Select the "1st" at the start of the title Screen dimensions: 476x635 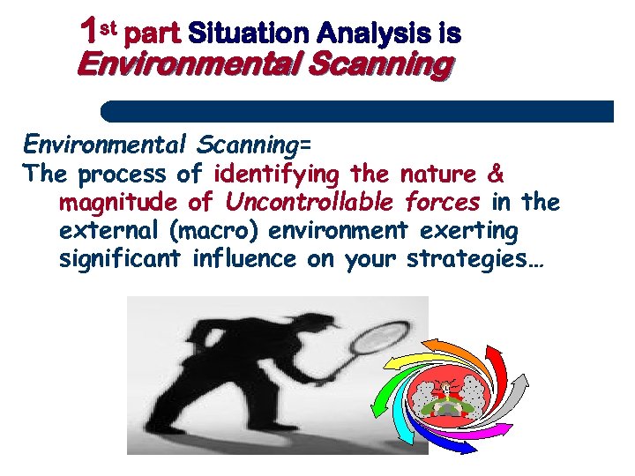pos(97,33)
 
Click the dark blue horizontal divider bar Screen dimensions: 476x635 pos(357,111)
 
